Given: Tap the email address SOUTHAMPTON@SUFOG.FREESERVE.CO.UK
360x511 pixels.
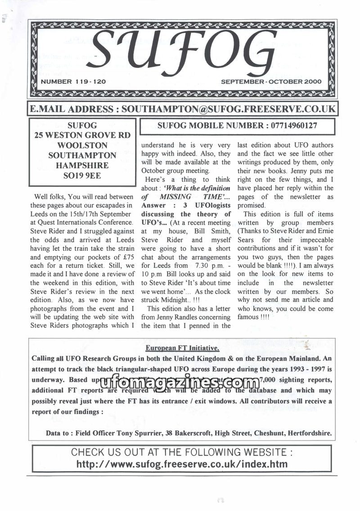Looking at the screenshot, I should (x=229, y=109).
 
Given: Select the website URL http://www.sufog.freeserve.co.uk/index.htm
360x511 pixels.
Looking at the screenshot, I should (x=182, y=464).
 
